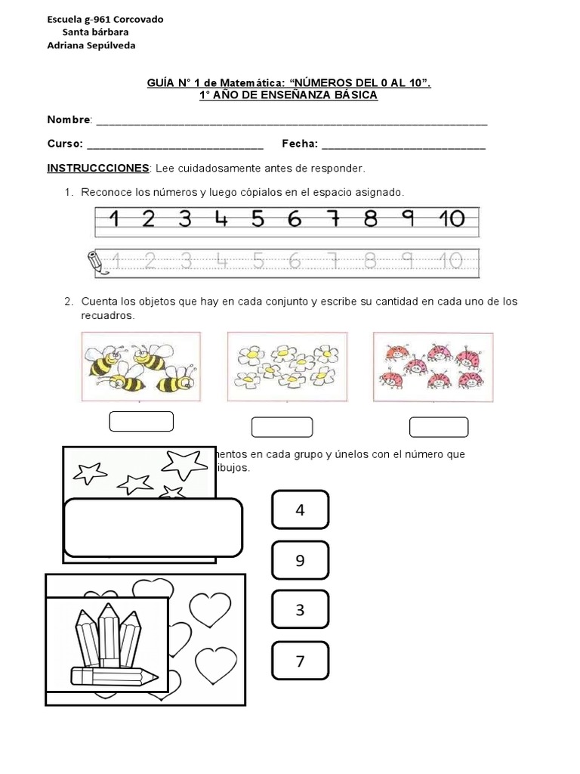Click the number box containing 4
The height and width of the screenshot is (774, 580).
click(300, 510)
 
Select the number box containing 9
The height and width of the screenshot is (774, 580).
click(300, 561)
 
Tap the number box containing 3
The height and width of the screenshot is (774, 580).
click(300, 610)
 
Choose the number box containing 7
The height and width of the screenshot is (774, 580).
click(300, 661)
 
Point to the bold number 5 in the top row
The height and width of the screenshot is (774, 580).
click(258, 219)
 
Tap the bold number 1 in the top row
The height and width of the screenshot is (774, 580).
click(114, 219)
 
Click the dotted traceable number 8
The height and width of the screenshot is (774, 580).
click(369, 262)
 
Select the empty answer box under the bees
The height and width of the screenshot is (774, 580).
click(141, 421)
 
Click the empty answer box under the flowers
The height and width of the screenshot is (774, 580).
click(282, 427)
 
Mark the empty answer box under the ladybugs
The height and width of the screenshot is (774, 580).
click(439, 427)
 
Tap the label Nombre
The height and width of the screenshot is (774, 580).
click(69, 120)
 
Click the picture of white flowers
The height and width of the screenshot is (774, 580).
click(286, 367)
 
